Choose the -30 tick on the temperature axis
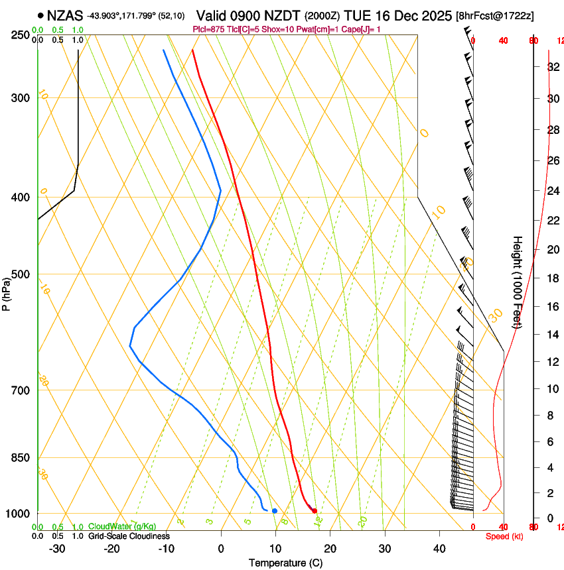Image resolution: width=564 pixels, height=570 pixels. coord(58,549)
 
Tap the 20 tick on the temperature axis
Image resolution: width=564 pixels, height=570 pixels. coord(330,549)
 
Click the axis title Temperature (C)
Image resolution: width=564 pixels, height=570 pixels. coord(285,563)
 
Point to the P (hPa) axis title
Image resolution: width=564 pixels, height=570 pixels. coord(7,292)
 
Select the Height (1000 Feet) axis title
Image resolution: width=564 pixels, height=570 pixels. coord(518,282)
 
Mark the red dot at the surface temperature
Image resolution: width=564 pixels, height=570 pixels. coord(315,510)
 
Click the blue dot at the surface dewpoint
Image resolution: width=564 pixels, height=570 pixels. coord(274,510)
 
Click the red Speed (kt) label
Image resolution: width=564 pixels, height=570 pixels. coord(504,536)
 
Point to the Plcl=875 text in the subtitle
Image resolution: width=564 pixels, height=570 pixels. coord(210,29)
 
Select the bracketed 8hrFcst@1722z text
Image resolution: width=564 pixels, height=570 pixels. coord(495,15)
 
